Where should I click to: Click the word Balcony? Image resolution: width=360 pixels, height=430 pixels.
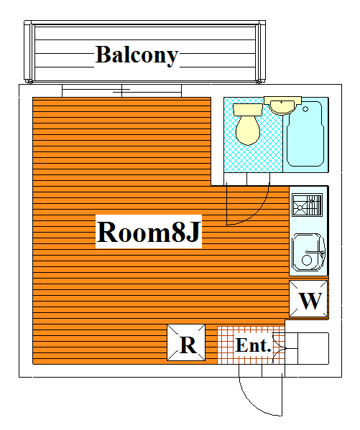click(137, 55)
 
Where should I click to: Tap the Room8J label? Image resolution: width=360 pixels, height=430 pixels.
click(149, 232)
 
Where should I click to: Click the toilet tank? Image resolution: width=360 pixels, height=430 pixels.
click(248, 110)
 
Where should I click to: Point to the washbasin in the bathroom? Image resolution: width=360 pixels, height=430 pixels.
click(282, 106)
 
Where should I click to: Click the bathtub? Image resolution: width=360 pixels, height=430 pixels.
click(305, 134)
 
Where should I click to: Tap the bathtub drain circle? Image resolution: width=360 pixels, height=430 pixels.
click(305, 109)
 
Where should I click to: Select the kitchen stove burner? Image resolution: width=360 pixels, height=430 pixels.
click(307, 205)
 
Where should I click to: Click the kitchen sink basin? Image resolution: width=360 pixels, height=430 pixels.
click(308, 252)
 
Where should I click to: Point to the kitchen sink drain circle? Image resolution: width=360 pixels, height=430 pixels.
click(306, 261)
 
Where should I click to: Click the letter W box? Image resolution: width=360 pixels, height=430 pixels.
click(308, 299)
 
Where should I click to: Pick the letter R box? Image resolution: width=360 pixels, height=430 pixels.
click(186, 342)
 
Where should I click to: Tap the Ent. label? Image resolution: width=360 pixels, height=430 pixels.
click(253, 345)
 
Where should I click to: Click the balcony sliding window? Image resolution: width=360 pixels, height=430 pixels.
click(121, 90)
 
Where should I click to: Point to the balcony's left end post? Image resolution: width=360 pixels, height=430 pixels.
click(29, 53)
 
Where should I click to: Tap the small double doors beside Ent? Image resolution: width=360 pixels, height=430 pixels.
click(279, 348)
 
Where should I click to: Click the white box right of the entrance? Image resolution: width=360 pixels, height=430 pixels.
click(313, 349)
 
